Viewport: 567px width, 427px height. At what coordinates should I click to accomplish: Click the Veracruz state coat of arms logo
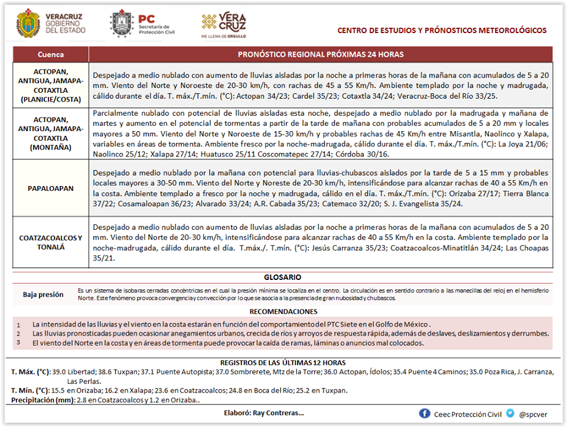(28, 22)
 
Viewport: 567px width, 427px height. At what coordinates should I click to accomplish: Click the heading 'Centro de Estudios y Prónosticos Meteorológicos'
(442, 31)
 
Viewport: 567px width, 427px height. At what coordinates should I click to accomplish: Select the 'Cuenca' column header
(50, 54)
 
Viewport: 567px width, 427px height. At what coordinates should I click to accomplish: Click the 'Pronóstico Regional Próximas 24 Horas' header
(321, 54)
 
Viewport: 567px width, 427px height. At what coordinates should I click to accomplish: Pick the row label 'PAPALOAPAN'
(51, 188)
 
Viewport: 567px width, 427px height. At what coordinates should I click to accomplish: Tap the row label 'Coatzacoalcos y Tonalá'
(51, 242)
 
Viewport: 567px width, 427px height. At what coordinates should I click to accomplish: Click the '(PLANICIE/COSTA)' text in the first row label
(51, 99)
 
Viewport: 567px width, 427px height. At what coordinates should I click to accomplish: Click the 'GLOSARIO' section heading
(283, 277)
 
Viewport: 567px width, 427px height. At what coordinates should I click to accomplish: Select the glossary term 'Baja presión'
(43, 294)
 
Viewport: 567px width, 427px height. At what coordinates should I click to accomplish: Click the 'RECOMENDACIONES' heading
(283, 311)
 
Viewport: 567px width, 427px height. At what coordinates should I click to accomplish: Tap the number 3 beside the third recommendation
(18, 342)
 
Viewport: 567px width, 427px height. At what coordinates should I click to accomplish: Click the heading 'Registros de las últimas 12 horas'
(283, 362)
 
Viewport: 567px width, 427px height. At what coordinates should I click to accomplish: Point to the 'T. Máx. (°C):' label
(31, 371)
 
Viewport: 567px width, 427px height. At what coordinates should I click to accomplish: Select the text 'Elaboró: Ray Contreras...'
(264, 413)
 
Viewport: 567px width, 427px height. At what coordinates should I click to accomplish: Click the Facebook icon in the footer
(425, 413)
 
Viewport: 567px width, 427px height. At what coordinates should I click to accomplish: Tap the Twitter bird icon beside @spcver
(510, 413)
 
